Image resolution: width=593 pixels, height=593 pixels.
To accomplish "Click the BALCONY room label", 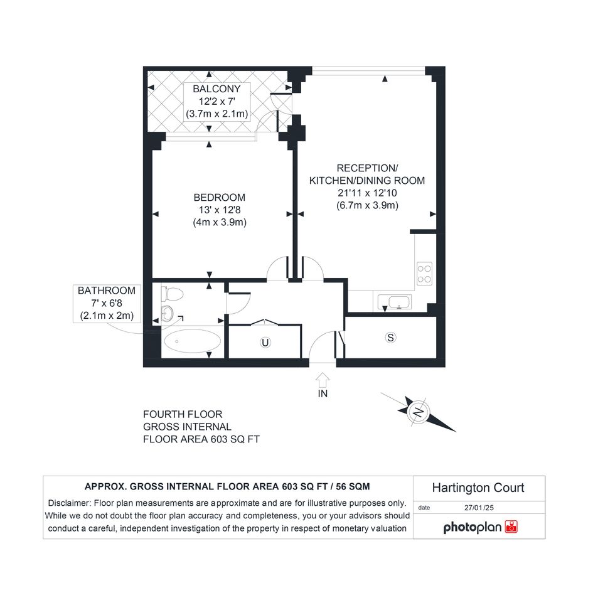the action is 216,89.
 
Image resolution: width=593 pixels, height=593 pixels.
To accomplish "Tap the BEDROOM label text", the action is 220,198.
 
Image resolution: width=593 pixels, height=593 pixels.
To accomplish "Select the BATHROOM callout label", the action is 107,291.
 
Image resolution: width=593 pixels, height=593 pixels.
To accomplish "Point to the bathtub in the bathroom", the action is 192,341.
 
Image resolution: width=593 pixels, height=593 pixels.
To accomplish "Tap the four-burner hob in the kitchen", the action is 424,274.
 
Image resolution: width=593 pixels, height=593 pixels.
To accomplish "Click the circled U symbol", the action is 265,343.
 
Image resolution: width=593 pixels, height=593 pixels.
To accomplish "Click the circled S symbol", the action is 391,338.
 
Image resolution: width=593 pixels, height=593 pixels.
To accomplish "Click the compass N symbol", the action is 419,412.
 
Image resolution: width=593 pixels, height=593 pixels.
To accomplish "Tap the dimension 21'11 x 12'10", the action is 367,193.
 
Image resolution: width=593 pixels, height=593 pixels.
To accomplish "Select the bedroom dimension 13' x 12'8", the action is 220,210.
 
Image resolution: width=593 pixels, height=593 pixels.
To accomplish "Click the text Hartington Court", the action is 478,488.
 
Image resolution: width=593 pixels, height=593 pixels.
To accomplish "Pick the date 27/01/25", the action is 479,508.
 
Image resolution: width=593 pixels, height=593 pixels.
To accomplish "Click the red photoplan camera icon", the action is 511,527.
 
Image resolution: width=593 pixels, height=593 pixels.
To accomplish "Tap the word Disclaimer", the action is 69,503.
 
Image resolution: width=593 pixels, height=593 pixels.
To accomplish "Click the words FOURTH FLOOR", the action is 183,415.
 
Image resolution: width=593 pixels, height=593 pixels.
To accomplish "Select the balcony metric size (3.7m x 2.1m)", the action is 216,114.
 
